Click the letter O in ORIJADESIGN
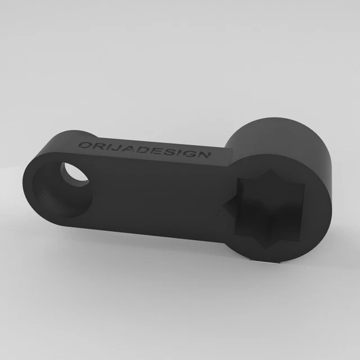[x=84, y=145]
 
